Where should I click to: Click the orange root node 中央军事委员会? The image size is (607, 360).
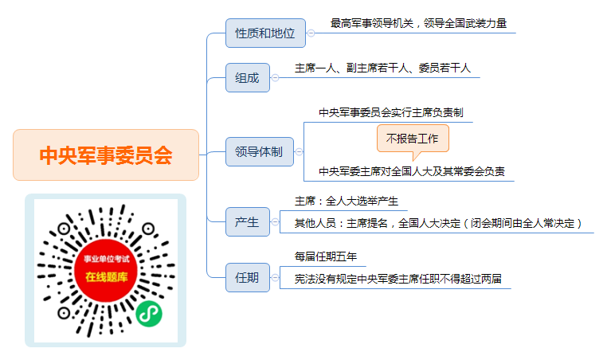[106, 155]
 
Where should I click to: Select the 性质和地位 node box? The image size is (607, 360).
[265, 33]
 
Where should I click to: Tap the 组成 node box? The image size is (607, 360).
[248, 78]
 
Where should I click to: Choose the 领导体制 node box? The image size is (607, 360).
[260, 152]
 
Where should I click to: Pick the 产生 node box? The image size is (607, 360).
[248, 221]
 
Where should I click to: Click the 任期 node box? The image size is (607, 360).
[248, 277]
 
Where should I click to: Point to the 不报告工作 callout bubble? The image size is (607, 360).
[413, 139]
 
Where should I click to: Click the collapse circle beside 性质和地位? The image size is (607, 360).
[311, 33]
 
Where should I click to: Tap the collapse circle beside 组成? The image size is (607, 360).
[275, 78]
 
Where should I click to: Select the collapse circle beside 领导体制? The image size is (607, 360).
[299, 152]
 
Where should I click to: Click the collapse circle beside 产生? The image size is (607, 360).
[275, 221]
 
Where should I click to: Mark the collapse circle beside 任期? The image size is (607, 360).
[275, 277]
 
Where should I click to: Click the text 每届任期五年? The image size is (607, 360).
[326, 256]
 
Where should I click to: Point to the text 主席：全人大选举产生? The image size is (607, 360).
[347, 202]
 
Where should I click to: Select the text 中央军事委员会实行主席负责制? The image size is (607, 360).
[391, 112]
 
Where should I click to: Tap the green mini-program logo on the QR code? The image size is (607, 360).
[149, 314]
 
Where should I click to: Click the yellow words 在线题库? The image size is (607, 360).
[107, 277]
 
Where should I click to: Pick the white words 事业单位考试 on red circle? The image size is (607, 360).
[107, 259]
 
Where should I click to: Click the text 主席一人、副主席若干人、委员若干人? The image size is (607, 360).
[382, 68]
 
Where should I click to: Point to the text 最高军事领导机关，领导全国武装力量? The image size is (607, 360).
[418, 24]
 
